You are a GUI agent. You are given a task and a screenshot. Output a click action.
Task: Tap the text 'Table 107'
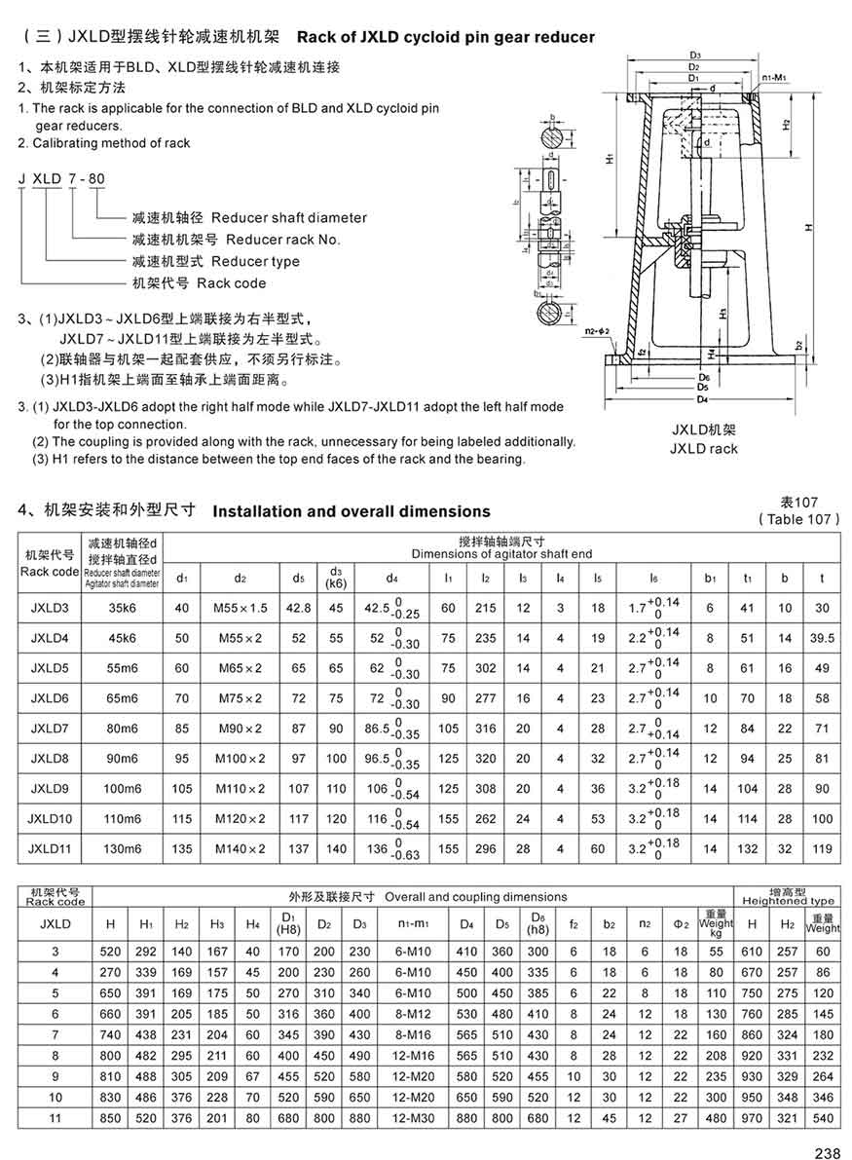click(x=798, y=519)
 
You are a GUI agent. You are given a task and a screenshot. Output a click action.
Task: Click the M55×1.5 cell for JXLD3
click(x=240, y=609)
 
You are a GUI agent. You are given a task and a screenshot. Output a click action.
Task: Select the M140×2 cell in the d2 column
click(x=240, y=848)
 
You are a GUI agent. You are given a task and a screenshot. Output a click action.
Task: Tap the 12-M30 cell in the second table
click(x=412, y=1118)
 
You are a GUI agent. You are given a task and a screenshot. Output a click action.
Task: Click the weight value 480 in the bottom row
click(x=716, y=1118)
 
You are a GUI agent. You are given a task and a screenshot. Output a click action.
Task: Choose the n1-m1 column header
click(x=412, y=921)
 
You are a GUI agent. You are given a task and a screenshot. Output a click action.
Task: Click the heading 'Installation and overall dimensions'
click(x=352, y=511)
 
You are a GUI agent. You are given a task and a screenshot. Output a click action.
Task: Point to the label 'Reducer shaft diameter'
click(x=289, y=217)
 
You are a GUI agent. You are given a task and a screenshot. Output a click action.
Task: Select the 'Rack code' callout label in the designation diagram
click(x=231, y=283)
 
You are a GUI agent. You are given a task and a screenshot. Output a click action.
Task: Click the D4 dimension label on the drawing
click(x=703, y=399)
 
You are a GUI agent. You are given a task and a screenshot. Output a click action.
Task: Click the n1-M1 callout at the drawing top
click(x=775, y=75)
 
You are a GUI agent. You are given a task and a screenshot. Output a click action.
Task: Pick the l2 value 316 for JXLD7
click(x=484, y=729)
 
